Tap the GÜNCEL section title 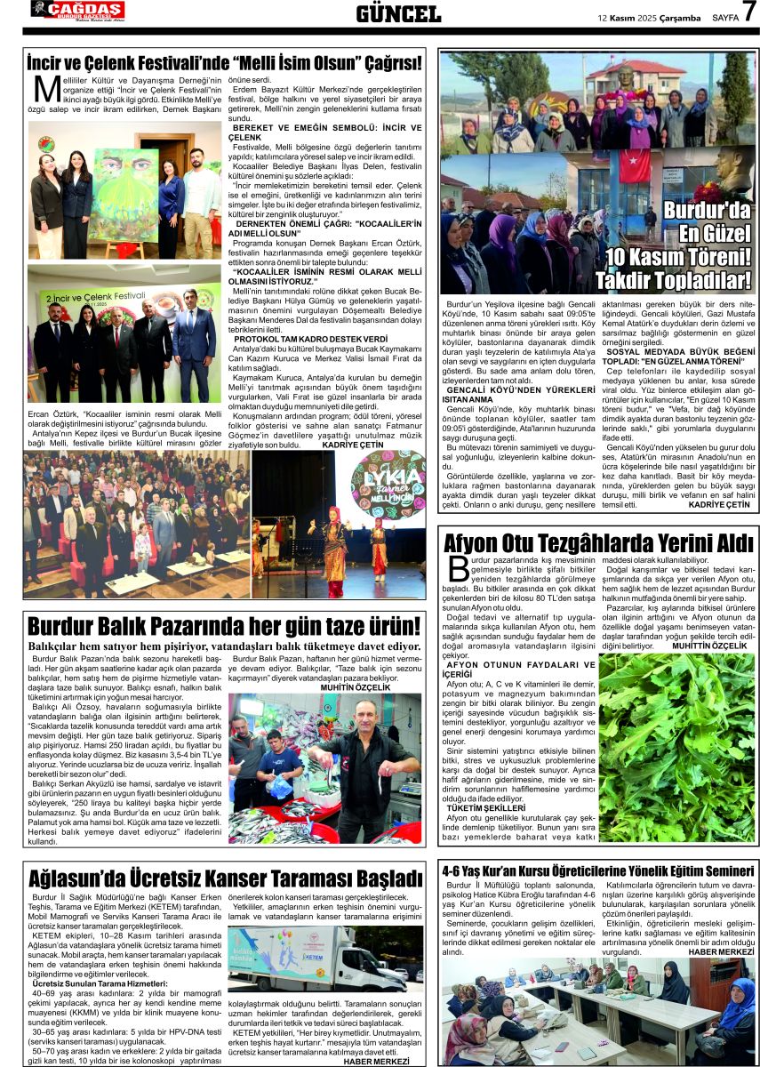(x=398, y=13)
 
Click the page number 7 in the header (x=748, y=12)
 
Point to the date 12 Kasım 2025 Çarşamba (x=649, y=17)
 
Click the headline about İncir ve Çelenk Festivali (x=223, y=63)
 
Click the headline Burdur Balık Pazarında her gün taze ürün (x=223, y=626)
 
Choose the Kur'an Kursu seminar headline (x=599, y=871)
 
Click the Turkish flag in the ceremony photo (x=635, y=165)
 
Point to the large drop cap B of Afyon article (x=459, y=569)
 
